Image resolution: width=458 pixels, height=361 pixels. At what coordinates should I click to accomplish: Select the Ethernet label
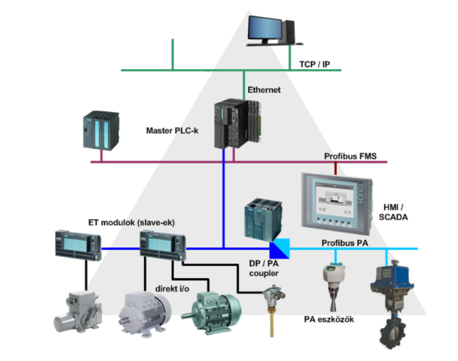tap(264, 90)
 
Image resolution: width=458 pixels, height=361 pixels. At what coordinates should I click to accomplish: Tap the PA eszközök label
tap(329, 319)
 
